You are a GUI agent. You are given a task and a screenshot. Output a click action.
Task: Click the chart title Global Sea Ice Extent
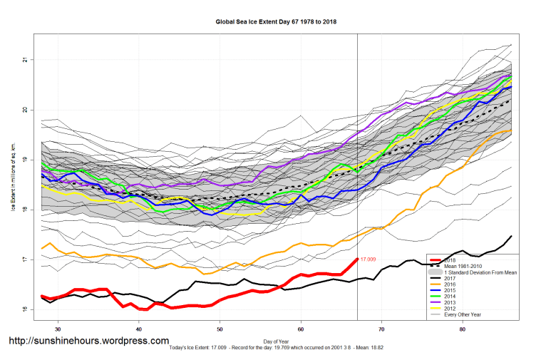click(x=276, y=22)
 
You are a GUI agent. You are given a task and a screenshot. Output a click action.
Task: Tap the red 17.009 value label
click(x=369, y=259)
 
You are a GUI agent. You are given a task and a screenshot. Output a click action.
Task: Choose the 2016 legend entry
click(x=450, y=286)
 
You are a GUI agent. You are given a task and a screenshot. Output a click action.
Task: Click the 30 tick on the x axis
click(x=58, y=329)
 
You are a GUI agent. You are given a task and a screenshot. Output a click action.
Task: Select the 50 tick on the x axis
click(x=220, y=329)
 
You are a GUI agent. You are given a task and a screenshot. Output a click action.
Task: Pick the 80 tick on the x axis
click(x=463, y=329)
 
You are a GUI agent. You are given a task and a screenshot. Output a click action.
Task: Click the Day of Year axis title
click(x=276, y=341)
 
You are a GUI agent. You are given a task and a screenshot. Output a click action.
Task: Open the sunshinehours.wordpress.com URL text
click(x=89, y=341)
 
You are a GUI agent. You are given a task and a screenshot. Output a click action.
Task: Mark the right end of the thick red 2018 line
click(x=356, y=259)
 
